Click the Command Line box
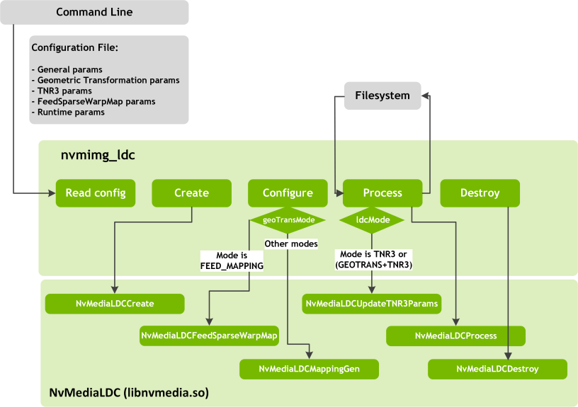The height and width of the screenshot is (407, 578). point(94,12)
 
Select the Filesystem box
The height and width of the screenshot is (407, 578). point(382,96)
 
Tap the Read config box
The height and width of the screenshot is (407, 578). point(96,193)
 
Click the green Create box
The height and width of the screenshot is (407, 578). point(191,193)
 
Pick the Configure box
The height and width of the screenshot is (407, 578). point(288,193)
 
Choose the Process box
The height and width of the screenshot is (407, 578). point(382,193)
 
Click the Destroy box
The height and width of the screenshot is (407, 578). point(480,193)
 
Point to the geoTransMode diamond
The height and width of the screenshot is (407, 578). point(288,220)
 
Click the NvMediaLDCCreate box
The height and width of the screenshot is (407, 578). point(115,304)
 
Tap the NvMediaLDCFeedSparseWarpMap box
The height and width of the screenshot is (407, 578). point(209,336)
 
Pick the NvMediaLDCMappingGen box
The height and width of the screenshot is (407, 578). point(309,369)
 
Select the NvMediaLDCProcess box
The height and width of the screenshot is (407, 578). point(455,336)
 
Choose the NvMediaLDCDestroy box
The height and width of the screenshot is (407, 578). point(497,369)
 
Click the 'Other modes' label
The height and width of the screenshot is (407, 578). point(291,243)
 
